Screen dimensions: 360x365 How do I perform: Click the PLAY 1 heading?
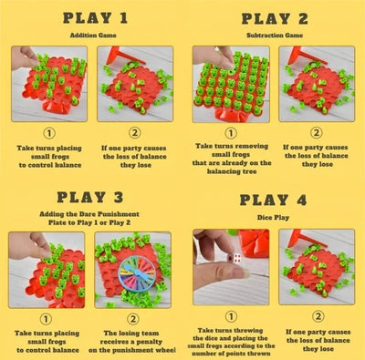pos(94,17)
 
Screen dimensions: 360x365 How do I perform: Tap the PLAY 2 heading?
pos(274,17)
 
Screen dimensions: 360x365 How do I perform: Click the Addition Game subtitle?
pos(94,35)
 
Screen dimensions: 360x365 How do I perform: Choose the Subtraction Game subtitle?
pos(274,35)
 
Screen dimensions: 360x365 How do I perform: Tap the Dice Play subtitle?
pos(274,218)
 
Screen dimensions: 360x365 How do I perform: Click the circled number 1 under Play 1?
pos(50,131)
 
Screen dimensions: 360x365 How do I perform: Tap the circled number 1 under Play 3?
pos(50,307)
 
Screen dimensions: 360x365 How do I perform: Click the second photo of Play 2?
pos(317,84)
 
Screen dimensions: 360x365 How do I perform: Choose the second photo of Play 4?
pos(317,266)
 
